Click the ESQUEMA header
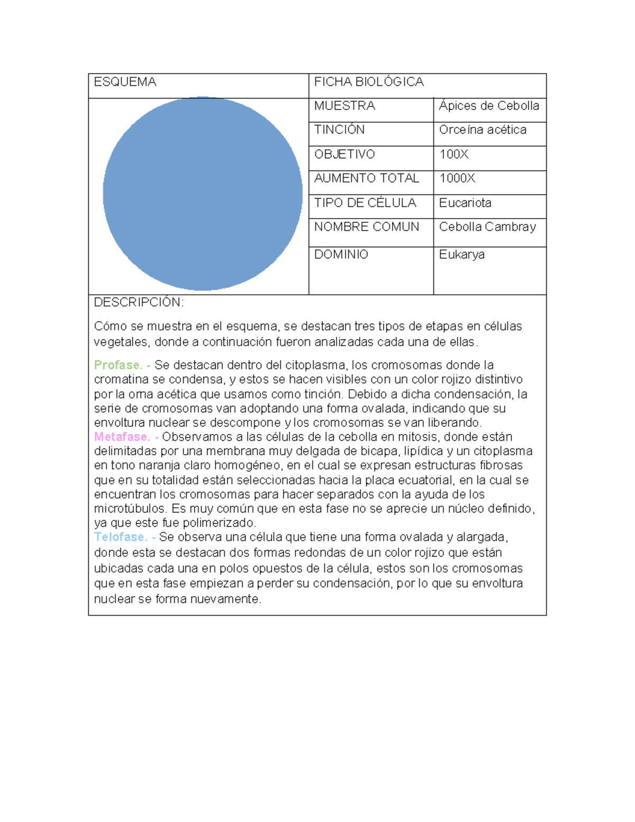pyautogui.click(x=125, y=82)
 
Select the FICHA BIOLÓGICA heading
pyautogui.click(x=369, y=82)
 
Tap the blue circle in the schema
pyautogui.click(x=203, y=194)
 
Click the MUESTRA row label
pyautogui.click(x=344, y=106)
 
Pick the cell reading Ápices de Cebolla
pyautogui.click(x=489, y=106)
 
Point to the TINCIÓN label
pyautogui.click(x=339, y=130)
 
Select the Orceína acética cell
pyautogui.click(x=483, y=130)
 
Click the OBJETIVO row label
pyautogui.click(x=344, y=154)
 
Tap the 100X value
pyautogui.click(x=454, y=154)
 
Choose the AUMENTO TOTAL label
pyautogui.click(x=367, y=178)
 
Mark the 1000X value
pyautogui.click(x=457, y=178)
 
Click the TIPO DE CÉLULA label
pyautogui.click(x=365, y=203)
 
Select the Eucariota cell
pyautogui.click(x=465, y=203)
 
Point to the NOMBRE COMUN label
pyautogui.click(x=367, y=227)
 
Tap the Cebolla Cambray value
pyautogui.click(x=487, y=227)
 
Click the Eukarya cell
pyautogui.click(x=462, y=255)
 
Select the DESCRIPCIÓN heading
pyautogui.click(x=139, y=302)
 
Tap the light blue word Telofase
pyautogui.click(x=120, y=537)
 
